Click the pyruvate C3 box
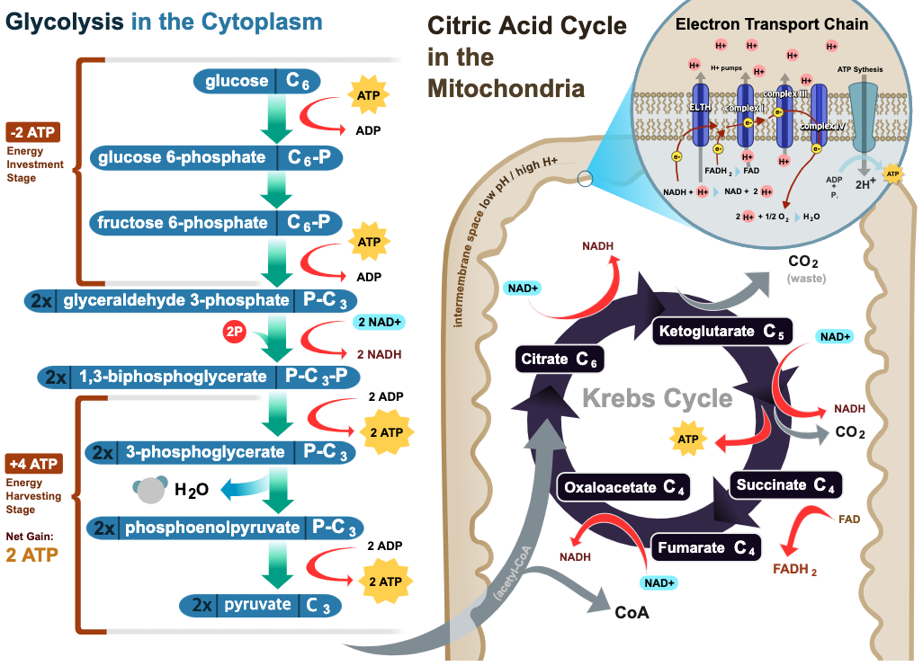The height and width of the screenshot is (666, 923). (x=261, y=605)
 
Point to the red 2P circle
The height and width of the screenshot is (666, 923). (x=235, y=332)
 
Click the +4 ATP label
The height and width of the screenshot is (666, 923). (x=33, y=464)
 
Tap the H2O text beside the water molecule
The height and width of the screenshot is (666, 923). (x=191, y=490)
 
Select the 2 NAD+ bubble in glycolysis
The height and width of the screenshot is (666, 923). (x=380, y=322)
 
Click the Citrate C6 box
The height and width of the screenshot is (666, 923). (x=559, y=360)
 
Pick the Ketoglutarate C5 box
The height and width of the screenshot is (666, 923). (x=722, y=331)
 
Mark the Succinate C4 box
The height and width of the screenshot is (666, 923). (x=784, y=485)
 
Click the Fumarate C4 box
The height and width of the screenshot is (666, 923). (x=706, y=547)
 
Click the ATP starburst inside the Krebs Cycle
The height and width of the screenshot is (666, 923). (x=687, y=440)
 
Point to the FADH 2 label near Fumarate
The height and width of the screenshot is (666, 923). (x=794, y=569)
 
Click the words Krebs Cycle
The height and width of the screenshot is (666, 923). (x=657, y=398)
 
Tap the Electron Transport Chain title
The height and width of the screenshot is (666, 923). (x=772, y=24)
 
